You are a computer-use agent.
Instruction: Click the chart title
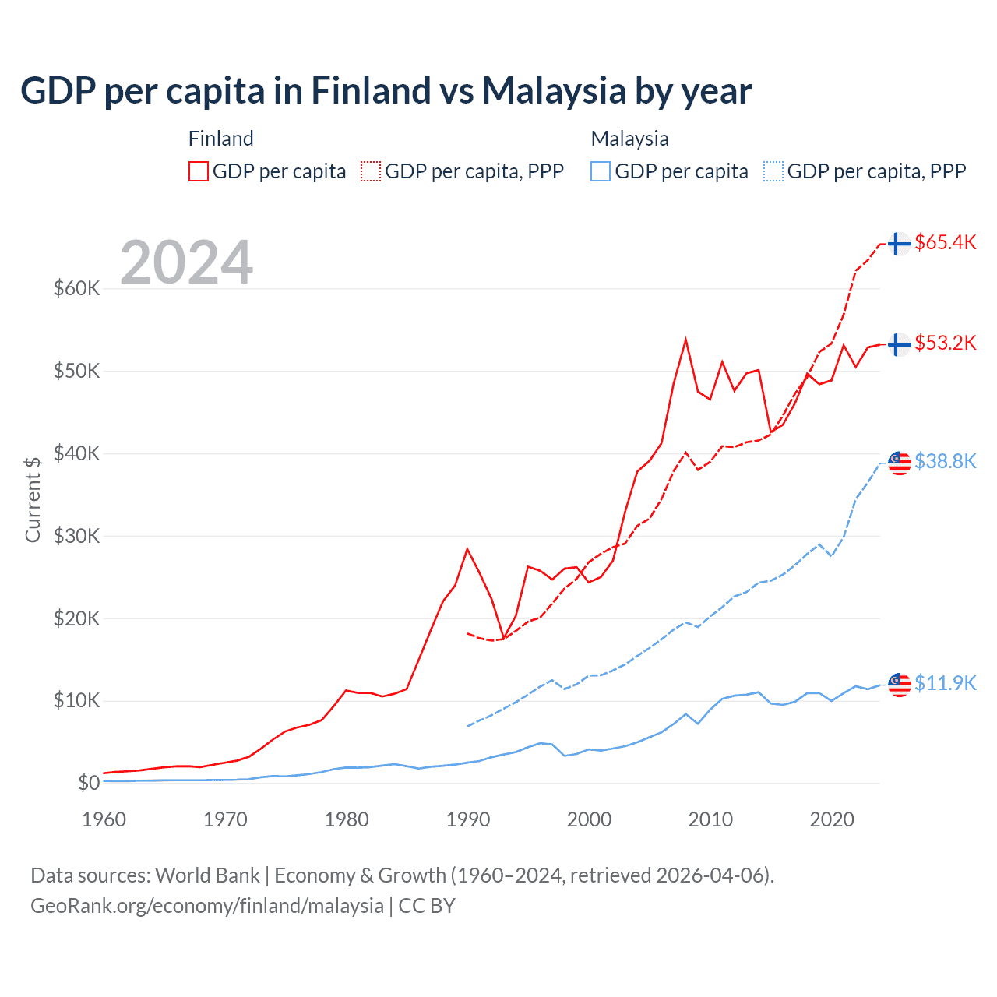pyautogui.click(x=386, y=91)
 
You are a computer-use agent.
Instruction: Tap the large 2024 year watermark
pyautogui.click(x=187, y=262)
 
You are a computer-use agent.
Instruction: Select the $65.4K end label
pyautogui.click(x=945, y=242)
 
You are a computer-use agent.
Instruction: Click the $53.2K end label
pyautogui.click(x=945, y=343)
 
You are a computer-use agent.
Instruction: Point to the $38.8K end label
pyautogui.click(x=945, y=461)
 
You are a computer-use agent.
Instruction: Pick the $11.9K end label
pyautogui.click(x=945, y=683)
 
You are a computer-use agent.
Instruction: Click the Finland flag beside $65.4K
pyautogui.click(x=900, y=244)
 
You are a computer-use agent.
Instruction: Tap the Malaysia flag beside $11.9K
pyautogui.click(x=900, y=684)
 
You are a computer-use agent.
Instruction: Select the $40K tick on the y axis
pyautogui.click(x=77, y=453)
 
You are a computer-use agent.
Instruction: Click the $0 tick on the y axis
pyautogui.click(x=89, y=783)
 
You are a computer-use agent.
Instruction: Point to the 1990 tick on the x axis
pyautogui.click(x=467, y=819)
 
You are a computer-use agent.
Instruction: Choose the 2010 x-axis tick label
pyautogui.click(x=710, y=819)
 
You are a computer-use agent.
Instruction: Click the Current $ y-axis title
pyautogui.click(x=33, y=499)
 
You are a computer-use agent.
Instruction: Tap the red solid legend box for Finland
pyautogui.click(x=199, y=171)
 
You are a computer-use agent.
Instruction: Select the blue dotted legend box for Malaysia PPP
pyautogui.click(x=773, y=171)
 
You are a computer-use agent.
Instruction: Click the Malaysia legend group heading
pyautogui.click(x=629, y=139)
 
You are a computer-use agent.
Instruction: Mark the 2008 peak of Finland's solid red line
pyautogui.click(x=685, y=340)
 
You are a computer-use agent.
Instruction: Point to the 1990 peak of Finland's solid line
pyautogui.click(x=467, y=549)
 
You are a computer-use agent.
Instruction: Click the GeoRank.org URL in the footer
pyautogui.click(x=207, y=906)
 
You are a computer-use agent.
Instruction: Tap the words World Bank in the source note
pyautogui.click(x=207, y=875)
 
